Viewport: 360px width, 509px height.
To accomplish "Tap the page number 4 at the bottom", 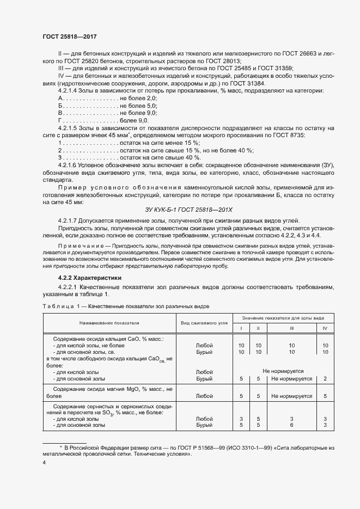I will click(45, 462).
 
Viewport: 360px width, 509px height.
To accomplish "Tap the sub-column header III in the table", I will click(292, 328).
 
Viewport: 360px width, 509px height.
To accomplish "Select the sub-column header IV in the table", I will click(325, 328).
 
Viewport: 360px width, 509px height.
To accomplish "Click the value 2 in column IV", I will click(325, 378).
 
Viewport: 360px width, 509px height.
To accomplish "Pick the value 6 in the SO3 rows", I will click(292, 425).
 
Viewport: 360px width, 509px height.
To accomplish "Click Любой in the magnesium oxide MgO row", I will click(204, 397).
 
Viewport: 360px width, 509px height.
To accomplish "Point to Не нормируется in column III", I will click(292, 378).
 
